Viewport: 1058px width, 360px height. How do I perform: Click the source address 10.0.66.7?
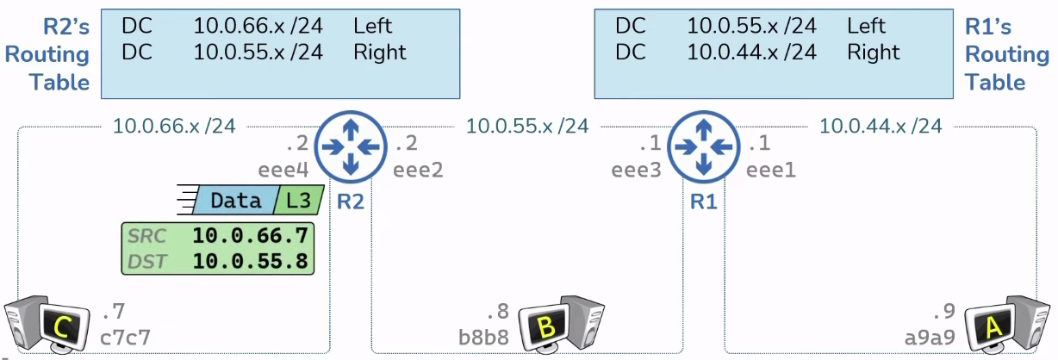[250, 235]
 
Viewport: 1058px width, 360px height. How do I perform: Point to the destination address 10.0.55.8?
[250, 260]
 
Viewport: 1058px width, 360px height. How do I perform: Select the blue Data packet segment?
[234, 201]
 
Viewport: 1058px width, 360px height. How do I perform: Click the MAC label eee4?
[283, 170]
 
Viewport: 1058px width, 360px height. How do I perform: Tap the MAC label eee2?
[418, 170]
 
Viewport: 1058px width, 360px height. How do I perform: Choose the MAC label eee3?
[637, 170]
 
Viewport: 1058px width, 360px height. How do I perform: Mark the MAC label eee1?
[771, 170]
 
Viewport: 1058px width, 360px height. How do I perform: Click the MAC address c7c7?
[127, 336]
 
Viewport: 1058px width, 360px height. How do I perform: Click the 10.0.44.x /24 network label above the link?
[881, 127]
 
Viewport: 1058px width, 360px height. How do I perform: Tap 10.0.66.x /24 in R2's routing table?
[258, 25]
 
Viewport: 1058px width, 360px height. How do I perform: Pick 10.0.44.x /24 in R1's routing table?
[751, 52]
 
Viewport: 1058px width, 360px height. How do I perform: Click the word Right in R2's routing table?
[379, 52]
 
